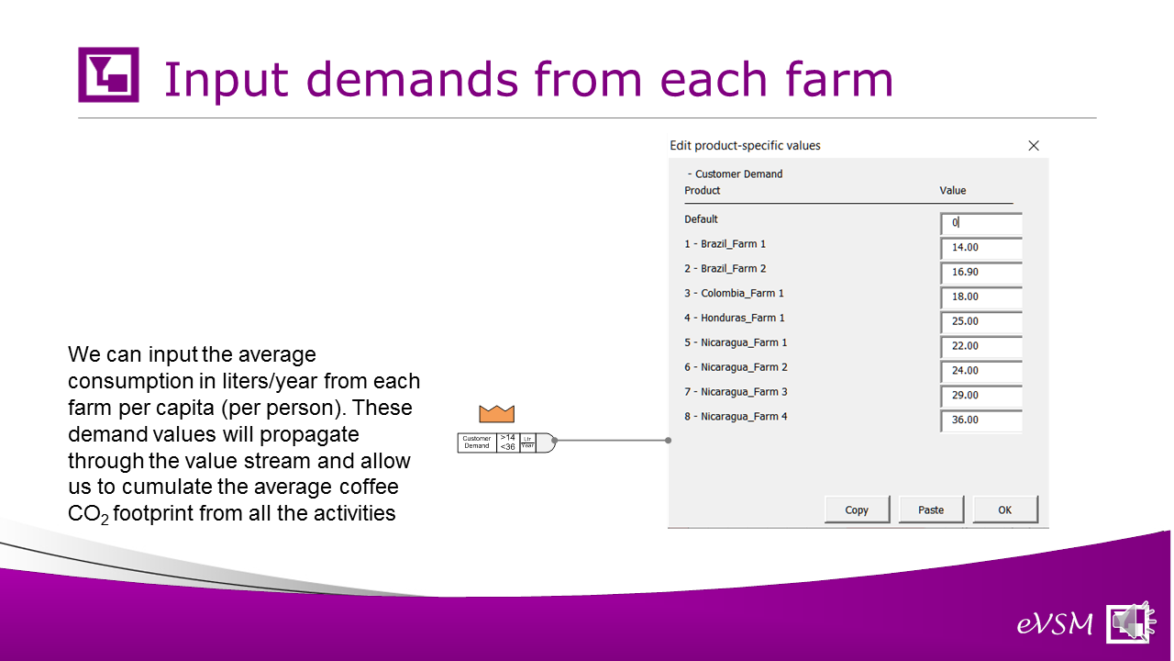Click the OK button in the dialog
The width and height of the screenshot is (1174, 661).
(x=1005, y=510)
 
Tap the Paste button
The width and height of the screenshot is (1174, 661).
(x=931, y=510)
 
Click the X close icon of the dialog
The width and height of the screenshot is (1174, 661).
(x=1034, y=145)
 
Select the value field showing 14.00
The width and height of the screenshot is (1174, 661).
(x=981, y=248)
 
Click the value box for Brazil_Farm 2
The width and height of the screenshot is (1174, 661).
(x=981, y=273)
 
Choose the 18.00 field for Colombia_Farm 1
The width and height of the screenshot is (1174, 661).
(x=981, y=297)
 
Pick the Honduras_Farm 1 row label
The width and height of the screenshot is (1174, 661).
(x=735, y=318)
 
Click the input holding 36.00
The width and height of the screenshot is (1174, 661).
(x=981, y=420)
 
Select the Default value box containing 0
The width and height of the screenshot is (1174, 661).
(x=981, y=223)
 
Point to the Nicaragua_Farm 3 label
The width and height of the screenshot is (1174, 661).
(x=736, y=392)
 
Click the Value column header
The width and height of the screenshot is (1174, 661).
(x=952, y=190)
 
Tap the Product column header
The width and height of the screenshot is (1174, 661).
(x=703, y=190)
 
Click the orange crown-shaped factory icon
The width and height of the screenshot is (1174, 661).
(x=496, y=414)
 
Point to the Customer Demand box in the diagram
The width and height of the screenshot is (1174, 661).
(x=476, y=443)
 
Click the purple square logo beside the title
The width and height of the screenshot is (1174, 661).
(x=108, y=74)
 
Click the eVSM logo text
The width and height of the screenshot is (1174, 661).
(x=1055, y=624)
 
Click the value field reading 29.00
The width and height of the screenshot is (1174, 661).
(x=981, y=396)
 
